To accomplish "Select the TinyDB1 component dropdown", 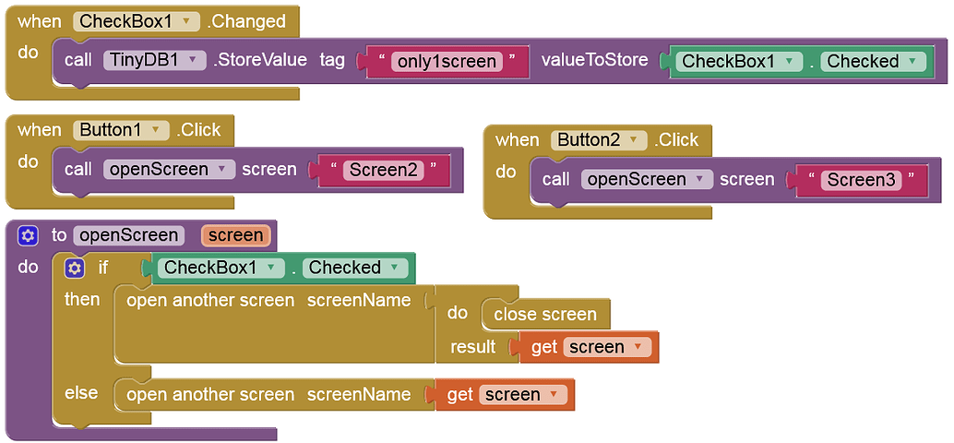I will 154,60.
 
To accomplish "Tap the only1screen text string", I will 447,61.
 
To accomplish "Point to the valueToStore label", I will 594,60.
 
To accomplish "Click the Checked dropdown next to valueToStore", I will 873,61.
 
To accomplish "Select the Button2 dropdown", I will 600,140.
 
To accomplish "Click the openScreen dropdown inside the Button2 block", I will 647,179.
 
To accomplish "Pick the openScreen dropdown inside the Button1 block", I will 169,169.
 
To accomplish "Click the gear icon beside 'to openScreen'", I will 28,235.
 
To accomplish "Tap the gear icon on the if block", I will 75,268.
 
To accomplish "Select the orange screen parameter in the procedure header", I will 235,235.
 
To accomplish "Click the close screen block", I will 544,314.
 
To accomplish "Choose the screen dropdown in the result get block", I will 607,347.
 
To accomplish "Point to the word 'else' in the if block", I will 81,393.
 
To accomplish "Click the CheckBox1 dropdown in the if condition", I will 221,268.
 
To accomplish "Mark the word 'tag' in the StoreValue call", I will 332,60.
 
